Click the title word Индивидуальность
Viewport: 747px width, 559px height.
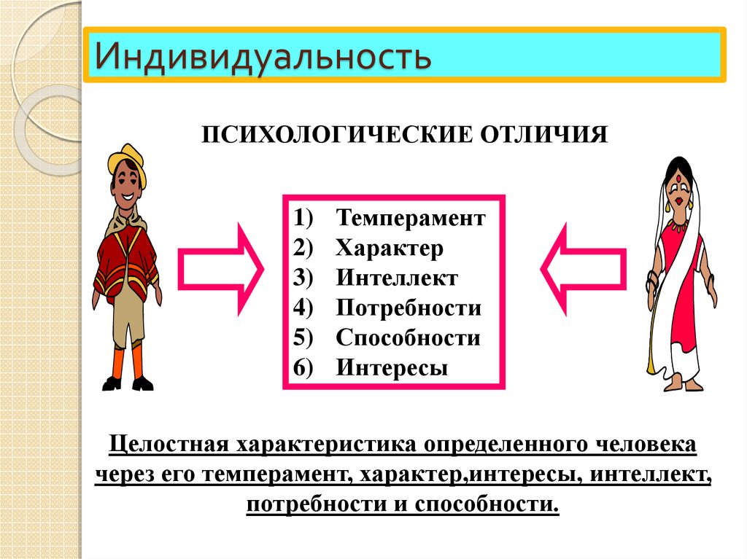pos(263,56)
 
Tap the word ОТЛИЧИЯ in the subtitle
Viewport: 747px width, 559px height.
pos(543,135)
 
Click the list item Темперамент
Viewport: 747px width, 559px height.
pos(411,218)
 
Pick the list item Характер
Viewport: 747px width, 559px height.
pos(390,248)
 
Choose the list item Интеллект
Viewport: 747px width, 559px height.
pos(397,278)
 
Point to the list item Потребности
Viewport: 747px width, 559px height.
pos(409,308)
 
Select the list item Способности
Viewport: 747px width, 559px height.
pos(408,338)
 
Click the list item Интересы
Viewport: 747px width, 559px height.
pos(392,368)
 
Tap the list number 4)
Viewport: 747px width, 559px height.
pos(303,308)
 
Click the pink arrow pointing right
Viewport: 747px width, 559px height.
pos(220,270)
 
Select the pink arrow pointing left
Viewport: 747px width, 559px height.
pos(583,270)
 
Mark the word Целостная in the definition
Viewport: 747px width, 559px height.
pos(169,445)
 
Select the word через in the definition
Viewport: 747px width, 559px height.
pos(124,474)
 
